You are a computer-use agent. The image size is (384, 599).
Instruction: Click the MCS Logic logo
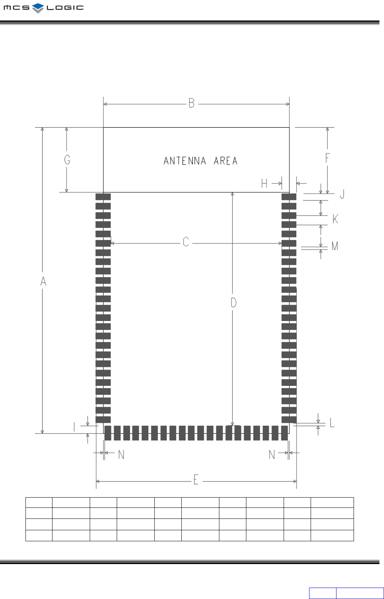click(44, 8)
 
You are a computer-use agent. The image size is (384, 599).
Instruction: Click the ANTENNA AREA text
click(200, 161)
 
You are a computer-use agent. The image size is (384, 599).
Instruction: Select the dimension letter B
click(192, 103)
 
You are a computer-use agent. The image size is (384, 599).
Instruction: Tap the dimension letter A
click(43, 281)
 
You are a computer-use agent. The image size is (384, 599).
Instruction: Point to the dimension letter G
click(67, 160)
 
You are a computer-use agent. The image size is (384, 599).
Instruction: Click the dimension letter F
click(327, 158)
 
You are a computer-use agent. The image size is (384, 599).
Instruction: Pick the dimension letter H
click(264, 183)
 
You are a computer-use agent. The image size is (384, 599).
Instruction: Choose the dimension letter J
click(342, 194)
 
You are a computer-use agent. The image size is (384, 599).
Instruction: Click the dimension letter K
click(335, 219)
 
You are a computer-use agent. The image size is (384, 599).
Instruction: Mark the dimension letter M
click(335, 246)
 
